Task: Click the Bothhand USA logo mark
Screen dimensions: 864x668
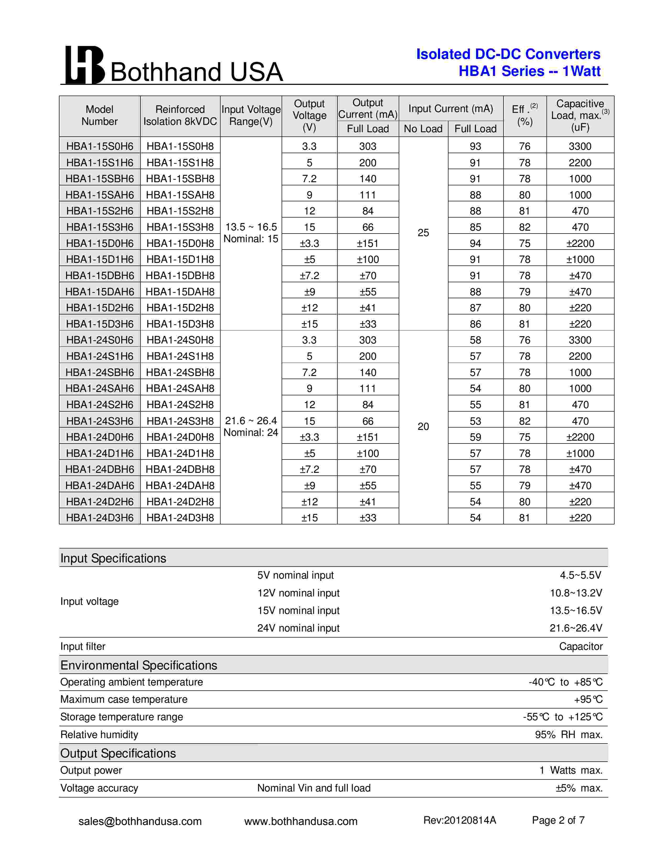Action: (x=84, y=65)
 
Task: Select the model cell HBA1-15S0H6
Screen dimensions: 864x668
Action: (x=100, y=146)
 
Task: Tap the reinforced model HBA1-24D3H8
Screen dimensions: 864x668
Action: (x=180, y=518)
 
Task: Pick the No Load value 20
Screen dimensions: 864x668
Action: (x=423, y=427)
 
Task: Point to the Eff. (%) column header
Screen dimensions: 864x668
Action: (x=524, y=115)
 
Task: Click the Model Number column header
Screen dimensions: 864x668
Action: (x=100, y=115)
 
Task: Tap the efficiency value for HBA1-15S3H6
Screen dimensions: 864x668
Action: (x=524, y=227)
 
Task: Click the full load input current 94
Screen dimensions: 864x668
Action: (x=475, y=243)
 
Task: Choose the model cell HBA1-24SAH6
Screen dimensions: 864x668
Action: (x=100, y=389)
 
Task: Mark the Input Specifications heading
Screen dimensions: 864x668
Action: (x=113, y=558)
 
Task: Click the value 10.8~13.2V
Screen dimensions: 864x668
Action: (x=576, y=593)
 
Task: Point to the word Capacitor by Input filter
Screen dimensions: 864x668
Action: (x=581, y=646)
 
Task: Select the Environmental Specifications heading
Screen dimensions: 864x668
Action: (x=139, y=665)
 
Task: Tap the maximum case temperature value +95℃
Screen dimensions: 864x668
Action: (x=588, y=699)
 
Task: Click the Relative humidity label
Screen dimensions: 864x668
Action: (x=99, y=735)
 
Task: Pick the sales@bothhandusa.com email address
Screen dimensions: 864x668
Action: (x=140, y=821)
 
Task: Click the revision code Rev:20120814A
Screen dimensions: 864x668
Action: (x=459, y=821)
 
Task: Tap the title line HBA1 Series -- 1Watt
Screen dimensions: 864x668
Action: (x=529, y=71)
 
